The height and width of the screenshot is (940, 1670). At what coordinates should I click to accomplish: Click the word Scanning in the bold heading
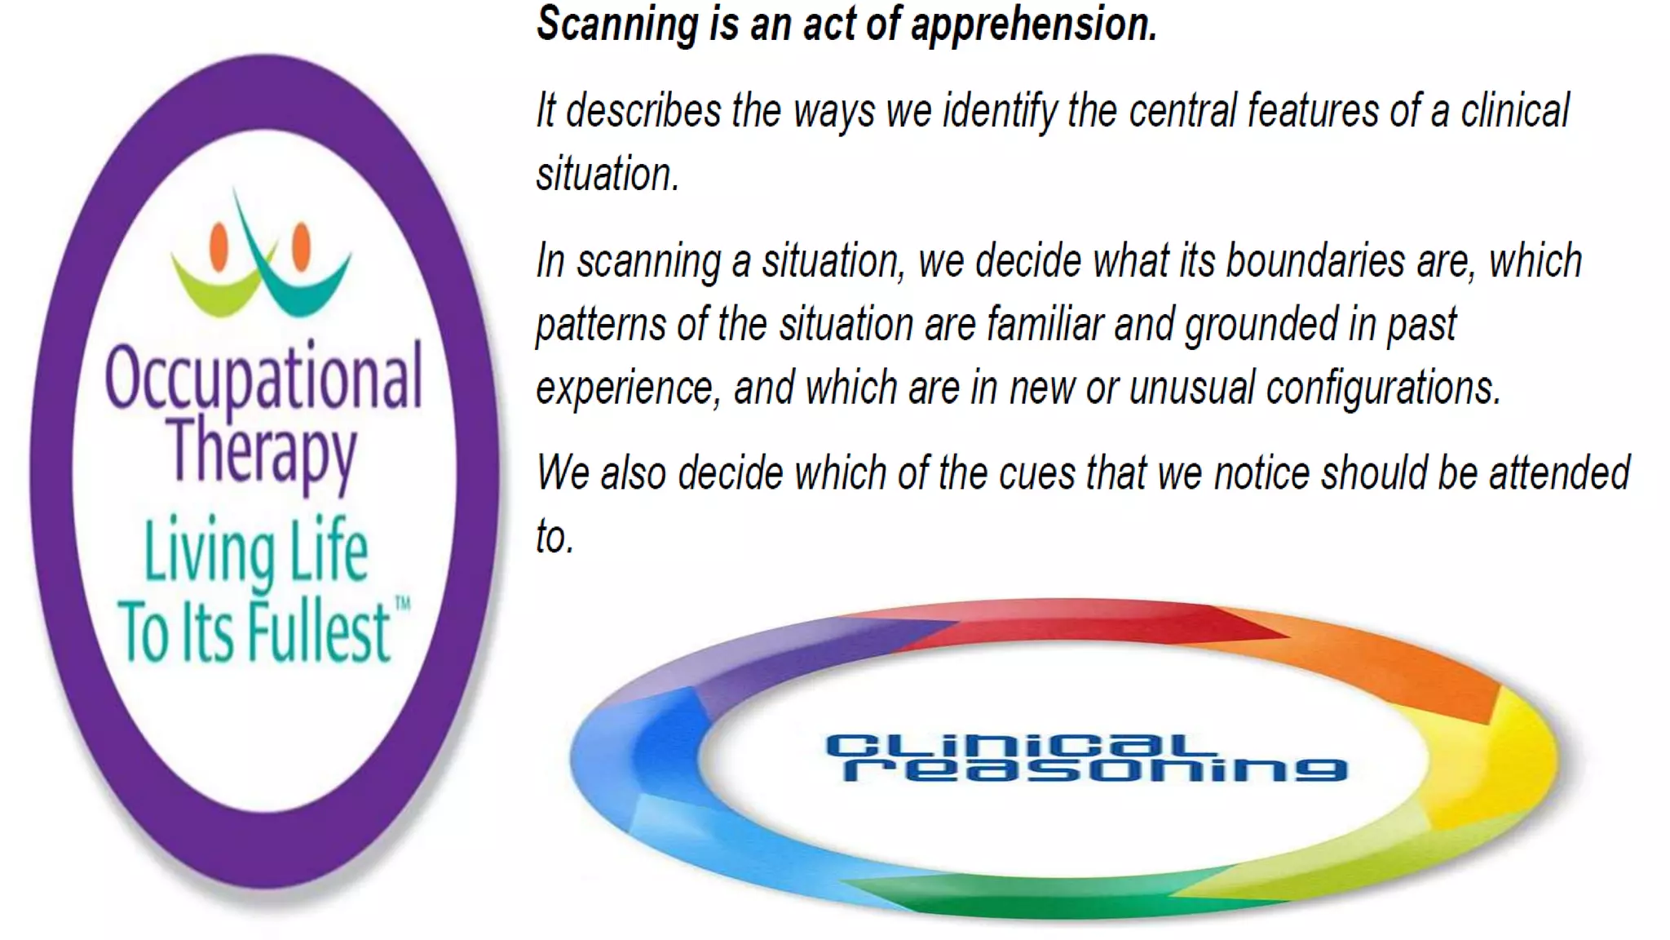click(616, 24)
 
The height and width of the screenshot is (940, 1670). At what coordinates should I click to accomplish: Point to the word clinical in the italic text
click(1514, 112)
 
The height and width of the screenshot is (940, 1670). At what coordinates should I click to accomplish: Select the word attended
click(1558, 474)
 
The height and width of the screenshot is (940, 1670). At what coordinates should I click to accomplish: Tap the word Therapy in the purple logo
click(263, 451)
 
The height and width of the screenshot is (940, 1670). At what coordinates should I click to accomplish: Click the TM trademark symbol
click(403, 604)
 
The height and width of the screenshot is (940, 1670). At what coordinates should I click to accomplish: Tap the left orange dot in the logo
click(219, 246)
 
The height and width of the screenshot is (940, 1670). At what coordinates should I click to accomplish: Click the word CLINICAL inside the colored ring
click(1019, 745)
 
